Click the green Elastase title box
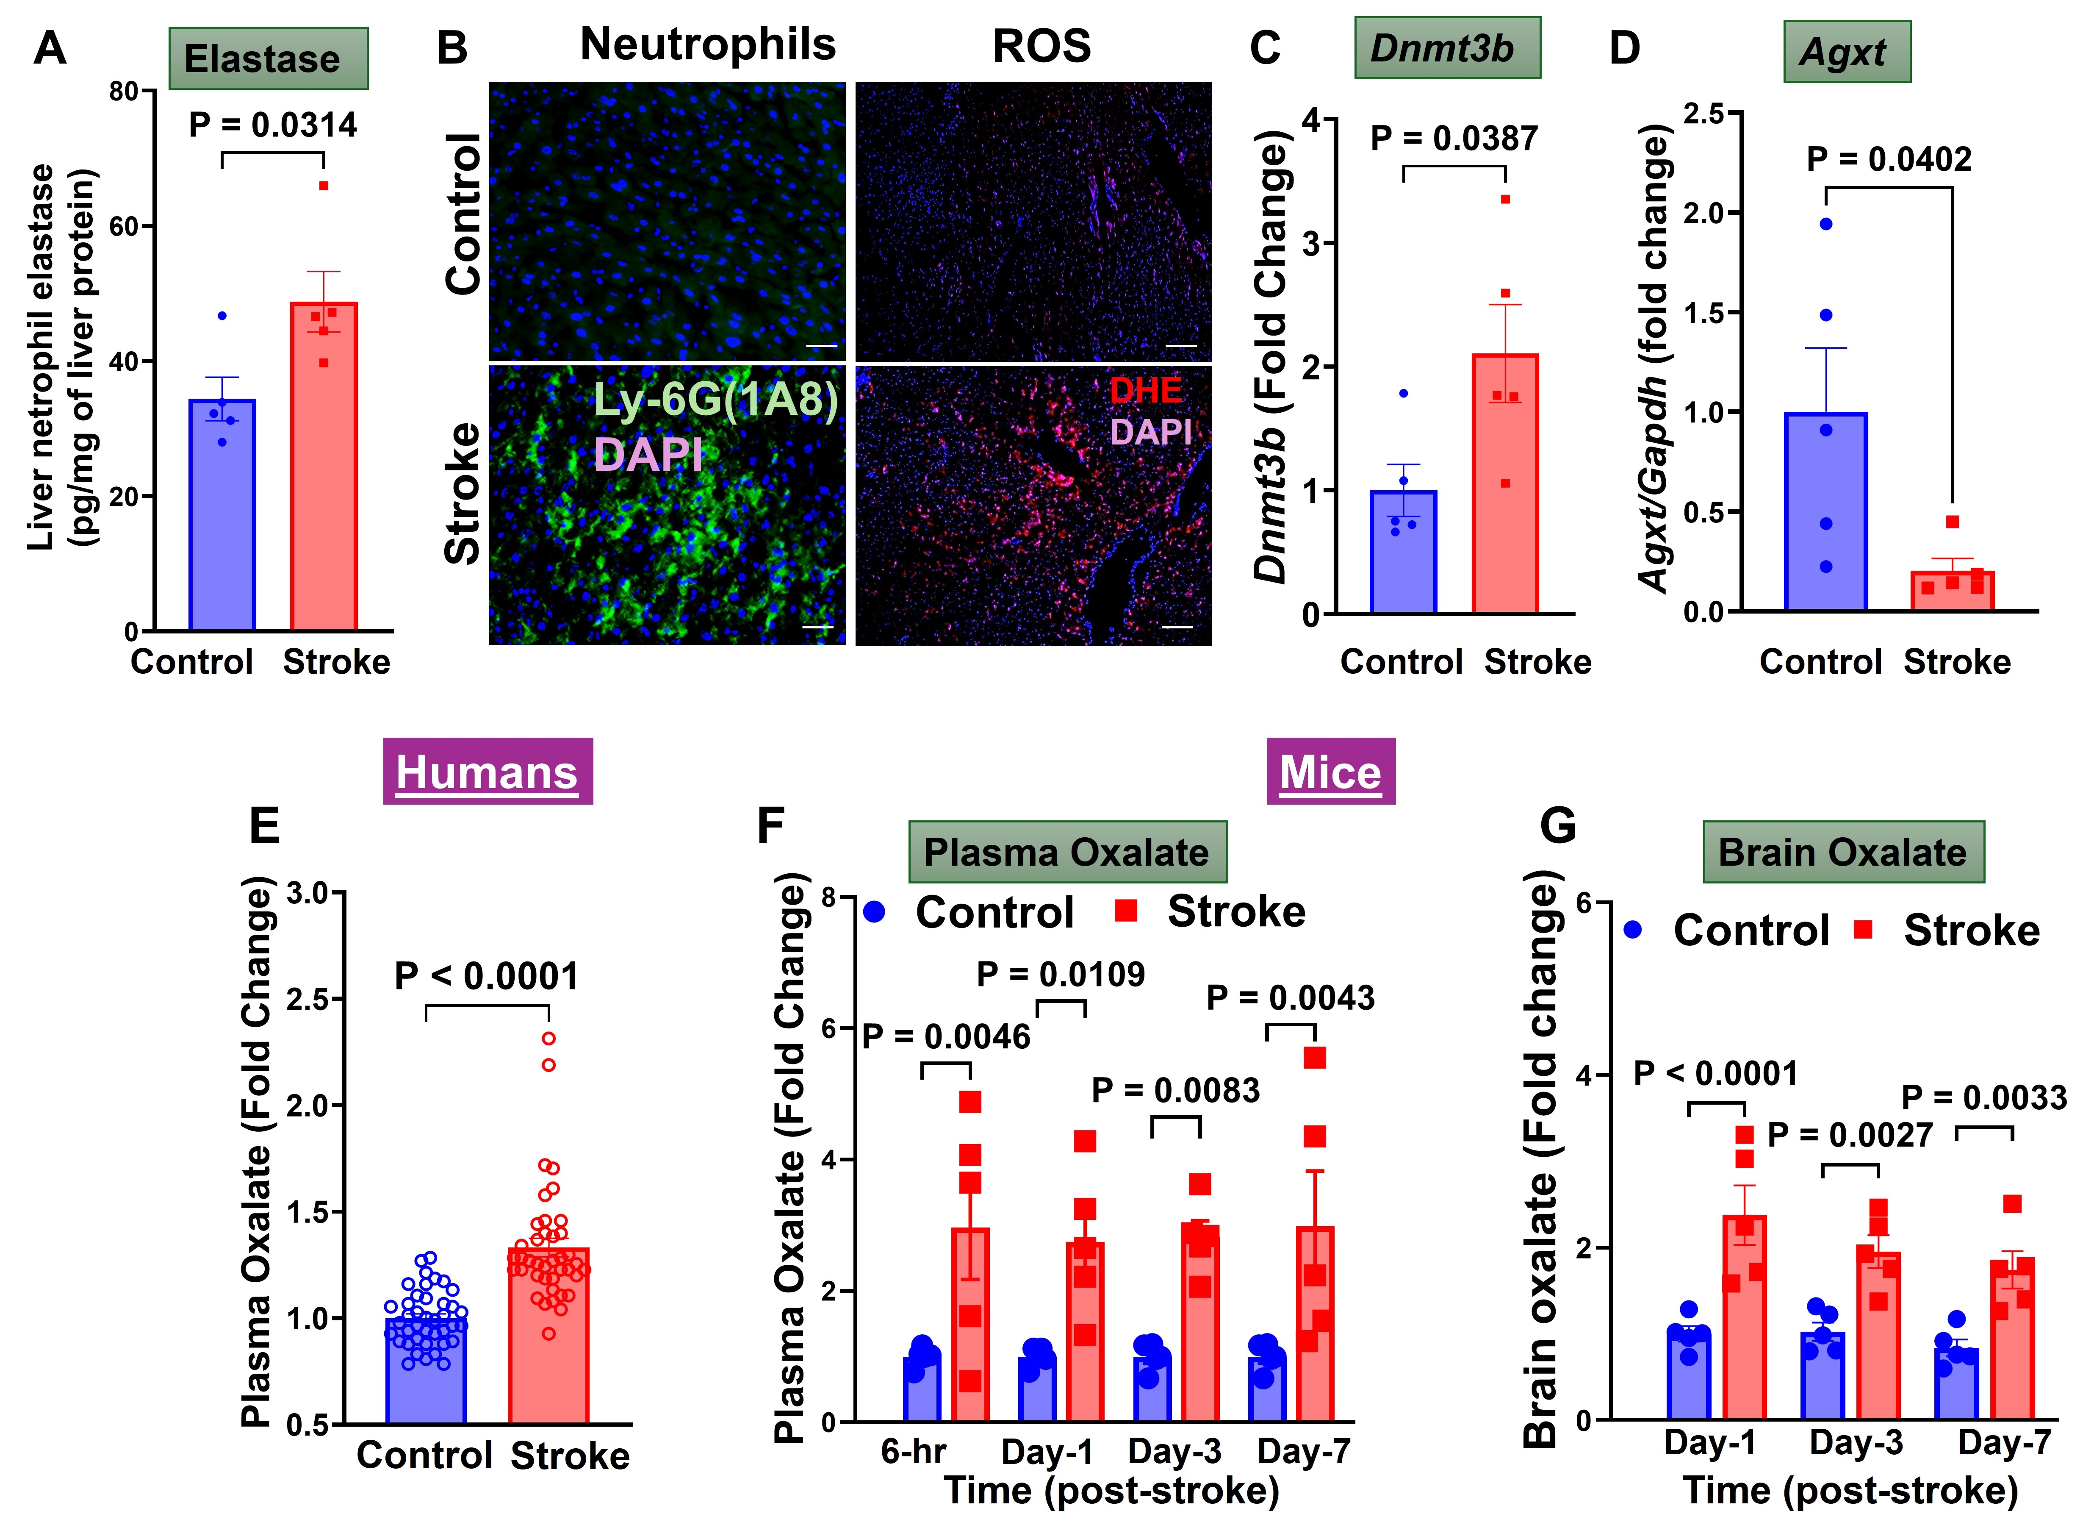tap(268, 58)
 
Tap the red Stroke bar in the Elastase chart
tap(324, 465)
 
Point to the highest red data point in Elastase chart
tap(324, 186)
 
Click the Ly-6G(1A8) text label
tap(716, 400)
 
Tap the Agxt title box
tap(1846, 52)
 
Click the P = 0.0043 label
tap(1290, 997)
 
